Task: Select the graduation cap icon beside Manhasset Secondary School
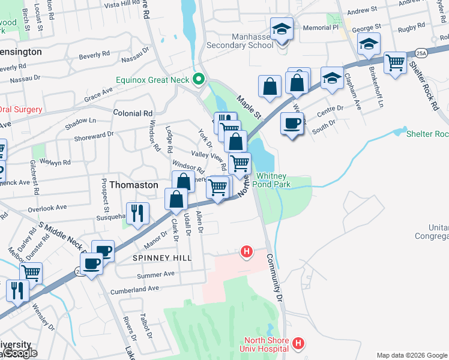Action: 280,30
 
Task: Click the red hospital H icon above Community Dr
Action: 246,252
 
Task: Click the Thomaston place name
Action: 133,185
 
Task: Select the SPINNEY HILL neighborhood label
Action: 161,257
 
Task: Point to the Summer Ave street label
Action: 155,274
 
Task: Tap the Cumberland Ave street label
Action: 134,289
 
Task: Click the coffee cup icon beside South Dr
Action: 292,123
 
